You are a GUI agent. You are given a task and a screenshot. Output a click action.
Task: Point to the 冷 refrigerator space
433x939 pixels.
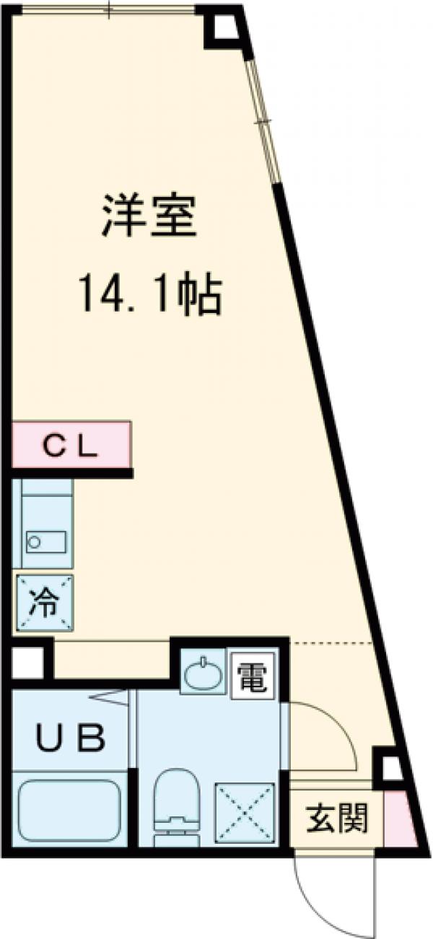[x=44, y=603]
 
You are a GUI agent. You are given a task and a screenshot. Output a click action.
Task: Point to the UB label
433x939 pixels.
[x=71, y=737]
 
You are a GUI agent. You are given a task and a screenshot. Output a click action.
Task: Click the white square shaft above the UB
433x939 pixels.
[x=27, y=662]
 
